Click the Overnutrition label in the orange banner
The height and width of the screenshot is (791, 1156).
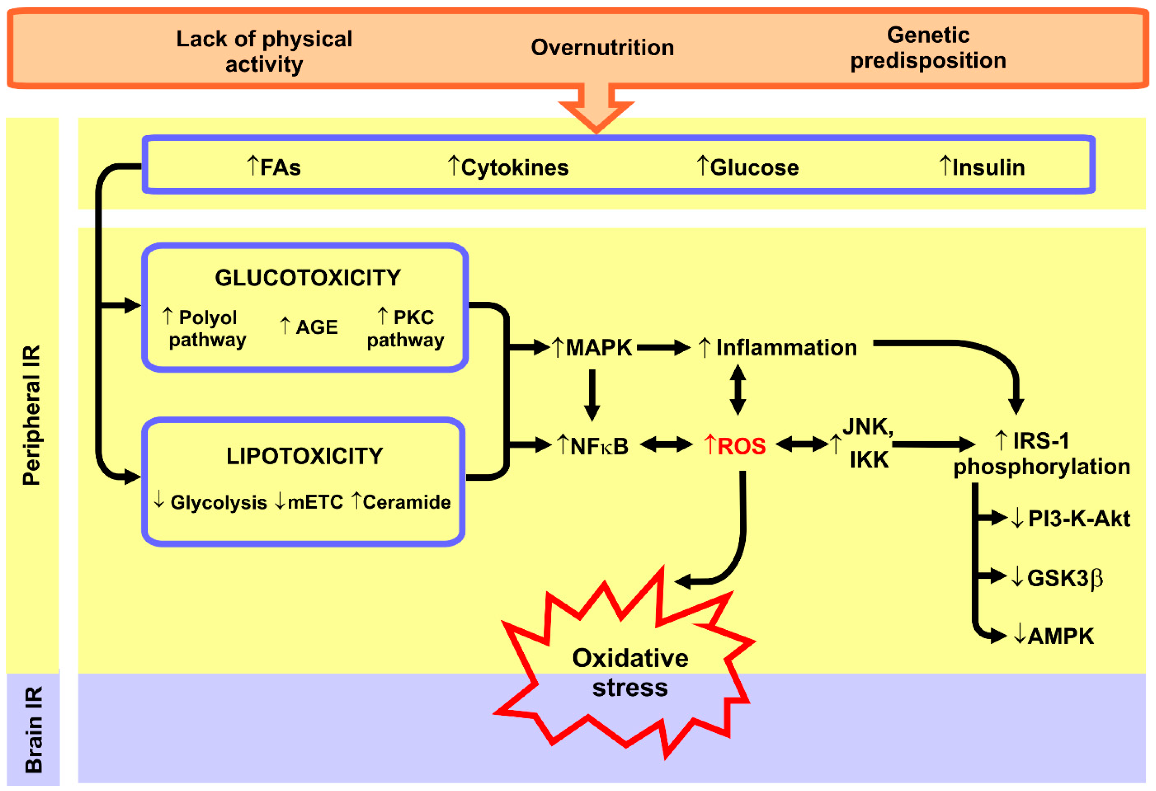pyautogui.click(x=602, y=48)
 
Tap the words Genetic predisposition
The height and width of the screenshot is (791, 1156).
pyautogui.click(x=928, y=48)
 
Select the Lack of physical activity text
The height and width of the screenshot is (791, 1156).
pyautogui.click(x=264, y=51)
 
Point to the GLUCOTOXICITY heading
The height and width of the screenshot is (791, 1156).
pyautogui.click(x=307, y=278)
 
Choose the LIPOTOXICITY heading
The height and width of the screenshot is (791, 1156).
pyautogui.click(x=304, y=456)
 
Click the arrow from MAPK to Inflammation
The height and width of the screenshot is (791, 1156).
pyautogui.click(x=663, y=347)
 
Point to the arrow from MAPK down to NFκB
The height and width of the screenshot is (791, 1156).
pyautogui.click(x=592, y=395)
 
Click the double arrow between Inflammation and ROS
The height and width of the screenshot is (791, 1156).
pyautogui.click(x=737, y=390)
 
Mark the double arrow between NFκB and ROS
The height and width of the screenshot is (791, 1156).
pyautogui.click(x=665, y=444)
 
